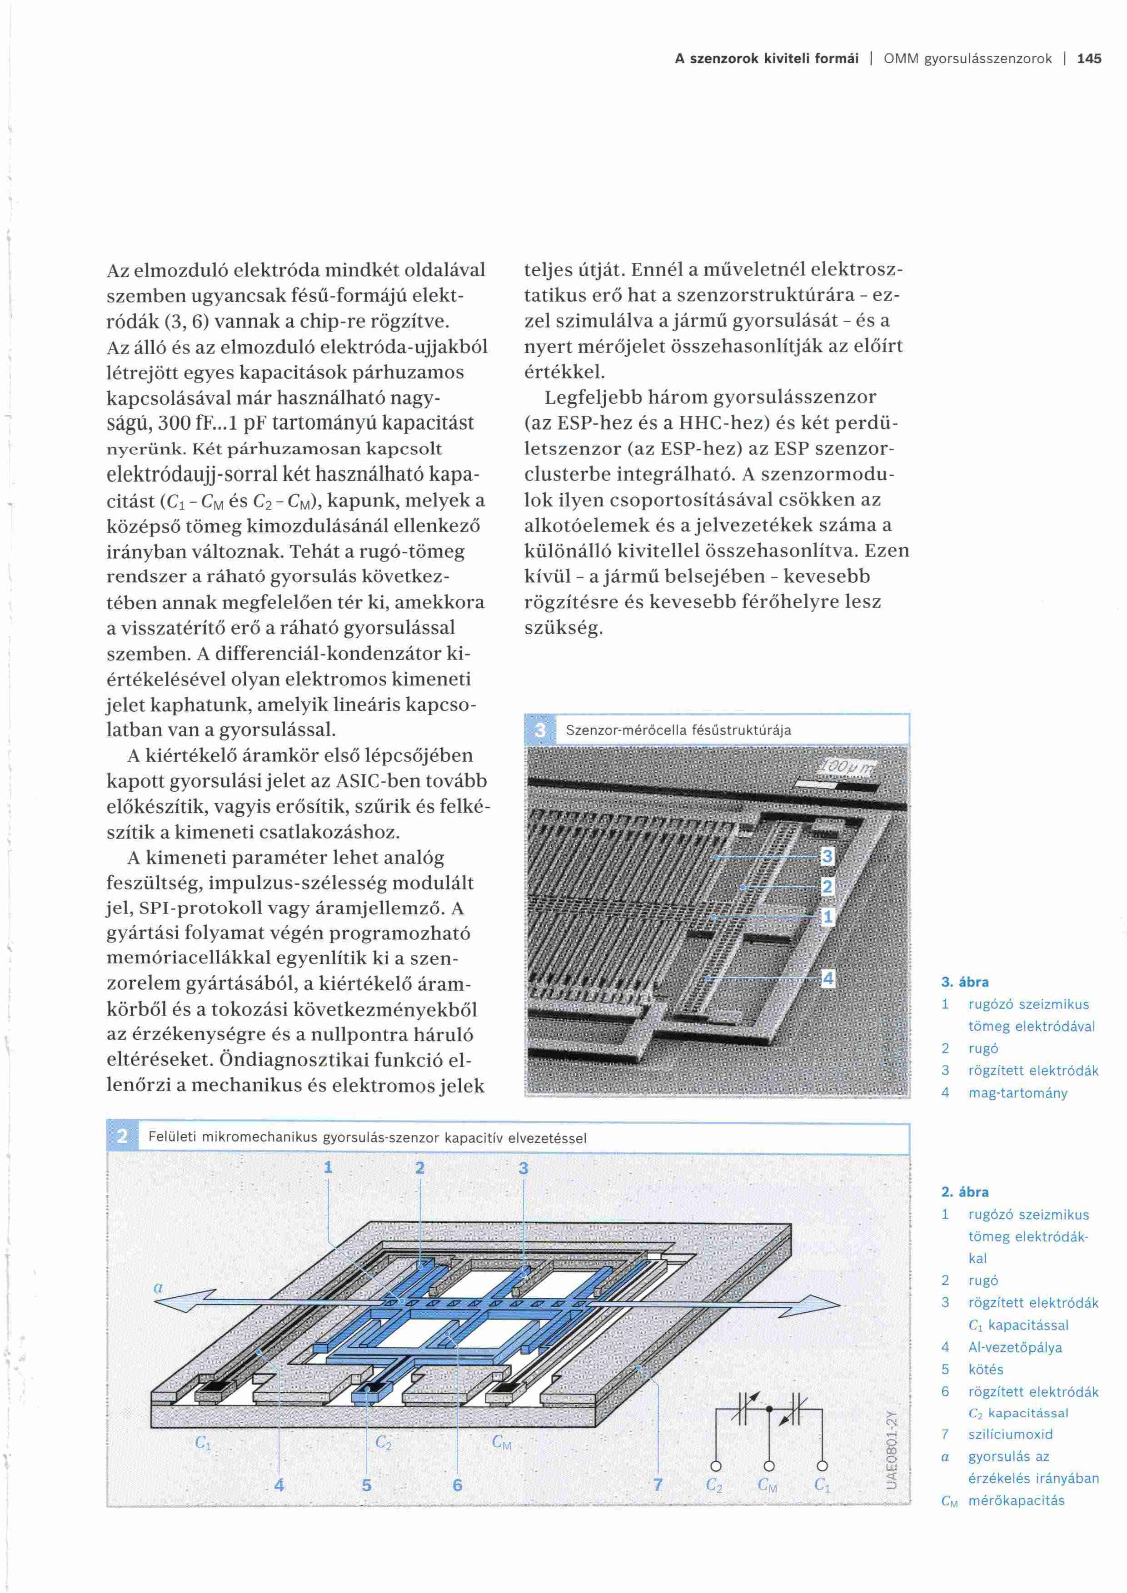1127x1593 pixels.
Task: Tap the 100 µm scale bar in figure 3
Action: (838, 785)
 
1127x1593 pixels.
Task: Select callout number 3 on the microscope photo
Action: (827, 857)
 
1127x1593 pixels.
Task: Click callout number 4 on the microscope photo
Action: (827, 978)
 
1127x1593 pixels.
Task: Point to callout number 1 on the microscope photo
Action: (827, 917)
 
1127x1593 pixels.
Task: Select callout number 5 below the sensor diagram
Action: (366, 1485)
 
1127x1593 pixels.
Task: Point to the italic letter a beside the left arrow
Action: (158, 1287)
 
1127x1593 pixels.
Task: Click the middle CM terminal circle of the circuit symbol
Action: (768, 1466)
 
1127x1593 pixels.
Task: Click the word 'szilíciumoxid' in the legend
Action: (1010, 1434)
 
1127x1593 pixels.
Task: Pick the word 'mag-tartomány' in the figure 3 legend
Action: (1017, 1093)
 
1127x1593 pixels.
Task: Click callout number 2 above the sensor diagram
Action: (419, 1168)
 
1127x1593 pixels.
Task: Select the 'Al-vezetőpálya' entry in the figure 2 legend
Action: (1015, 1347)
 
